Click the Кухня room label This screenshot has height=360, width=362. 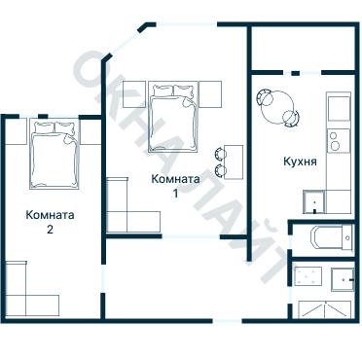pyautogui.click(x=298, y=161)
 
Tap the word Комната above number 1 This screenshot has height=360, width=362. pyautogui.click(x=176, y=179)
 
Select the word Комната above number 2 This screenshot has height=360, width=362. pyautogui.click(x=50, y=215)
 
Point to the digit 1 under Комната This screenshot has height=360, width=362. pyautogui.click(x=176, y=193)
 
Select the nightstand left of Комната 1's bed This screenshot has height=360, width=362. pyautogui.click(x=134, y=95)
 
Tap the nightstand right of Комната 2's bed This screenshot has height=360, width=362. pyautogui.click(x=90, y=131)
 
